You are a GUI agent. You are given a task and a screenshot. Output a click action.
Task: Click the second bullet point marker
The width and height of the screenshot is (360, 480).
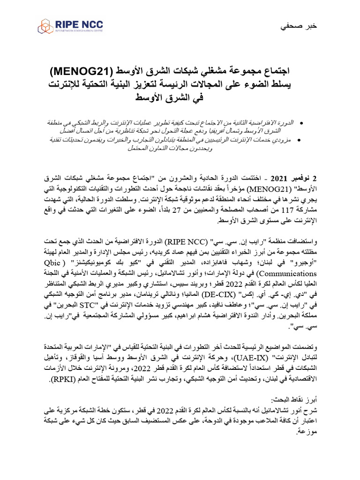point(300,140)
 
